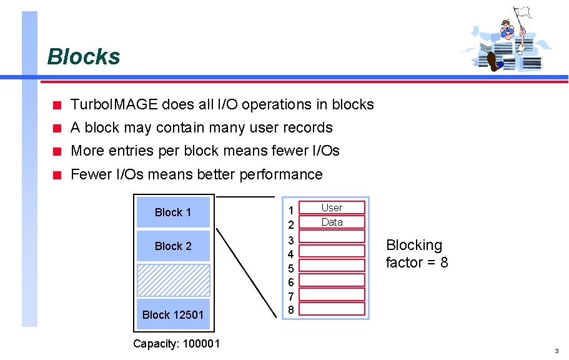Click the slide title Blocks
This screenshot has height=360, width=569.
point(83,57)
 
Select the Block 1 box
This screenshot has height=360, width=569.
point(173,212)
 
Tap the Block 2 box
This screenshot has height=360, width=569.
point(173,246)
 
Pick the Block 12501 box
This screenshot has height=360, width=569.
point(173,314)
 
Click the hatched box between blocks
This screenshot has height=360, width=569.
point(173,280)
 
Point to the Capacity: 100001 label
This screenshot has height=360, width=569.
point(176,343)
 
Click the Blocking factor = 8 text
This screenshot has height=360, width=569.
point(417,254)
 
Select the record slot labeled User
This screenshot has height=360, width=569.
point(332,207)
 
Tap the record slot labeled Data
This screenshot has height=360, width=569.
point(332,222)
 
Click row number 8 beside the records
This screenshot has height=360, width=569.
point(290,309)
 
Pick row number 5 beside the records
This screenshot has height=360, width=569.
point(290,267)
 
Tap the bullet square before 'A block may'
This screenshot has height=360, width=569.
point(57,129)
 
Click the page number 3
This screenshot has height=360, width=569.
point(556,351)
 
